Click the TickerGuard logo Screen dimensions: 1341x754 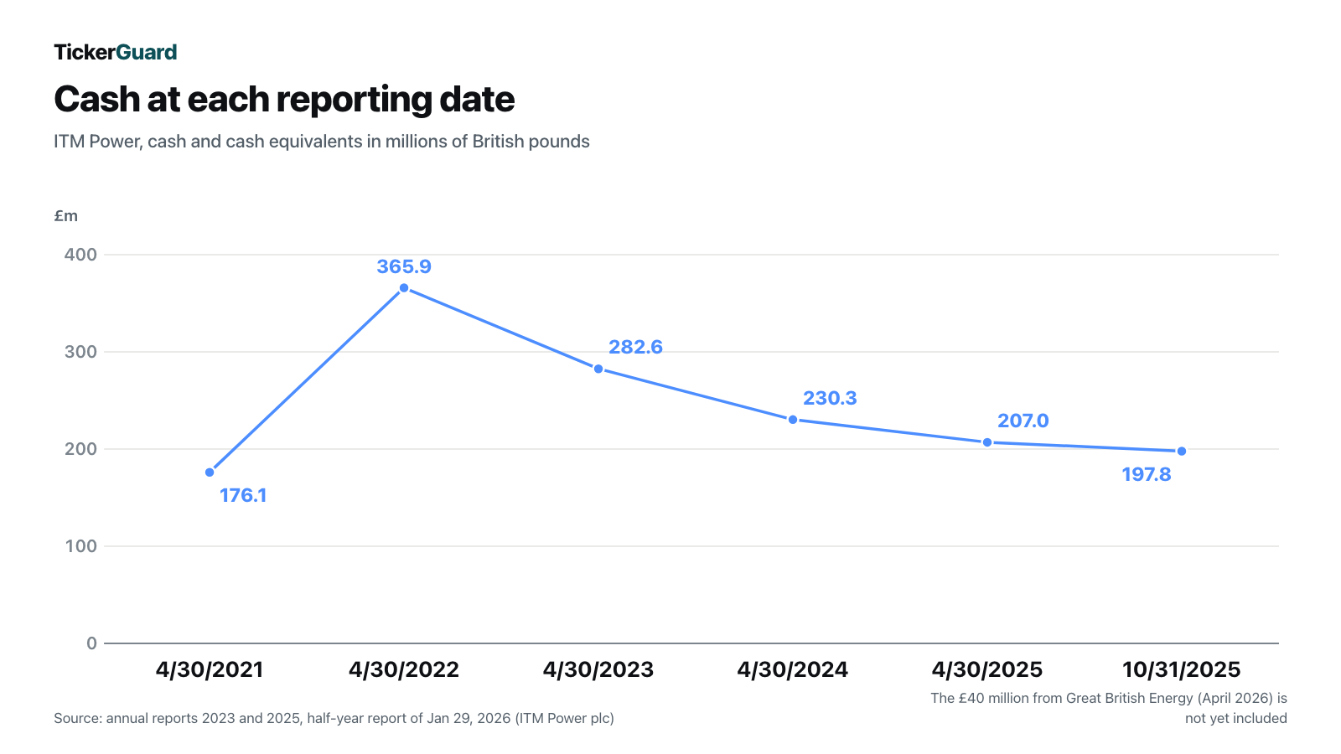(x=116, y=52)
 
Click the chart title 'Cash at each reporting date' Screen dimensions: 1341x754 (x=284, y=100)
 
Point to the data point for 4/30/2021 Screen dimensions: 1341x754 (x=210, y=473)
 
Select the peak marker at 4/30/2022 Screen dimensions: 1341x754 (x=404, y=288)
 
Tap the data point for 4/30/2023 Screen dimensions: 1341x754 (x=598, y=369)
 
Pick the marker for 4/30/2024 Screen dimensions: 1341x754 (x=793, y=420)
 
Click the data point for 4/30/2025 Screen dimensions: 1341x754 (x=987, y=443)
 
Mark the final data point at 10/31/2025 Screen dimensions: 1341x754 (x=1182, y=452)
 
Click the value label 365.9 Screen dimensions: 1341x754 (x=404, y=267)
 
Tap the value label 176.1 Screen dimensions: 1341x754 (x=243, y=495)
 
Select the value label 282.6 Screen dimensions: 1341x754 (x=636, y=347)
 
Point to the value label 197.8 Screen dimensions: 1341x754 (x=1147, y=474)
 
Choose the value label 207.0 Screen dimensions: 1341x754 (x=1023, y=421)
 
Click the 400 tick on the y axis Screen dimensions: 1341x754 (x=80, y=255)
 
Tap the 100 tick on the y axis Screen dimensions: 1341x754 (x=80, y=546)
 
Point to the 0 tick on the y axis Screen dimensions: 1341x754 (x=91, y=643)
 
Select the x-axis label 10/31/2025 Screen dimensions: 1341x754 (x=1182, y=669)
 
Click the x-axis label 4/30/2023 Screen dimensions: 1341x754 (x=598, y=669)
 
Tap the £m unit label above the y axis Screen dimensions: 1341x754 (x=66, y=216)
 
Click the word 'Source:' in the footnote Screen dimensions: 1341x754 (x=78, y=718)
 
